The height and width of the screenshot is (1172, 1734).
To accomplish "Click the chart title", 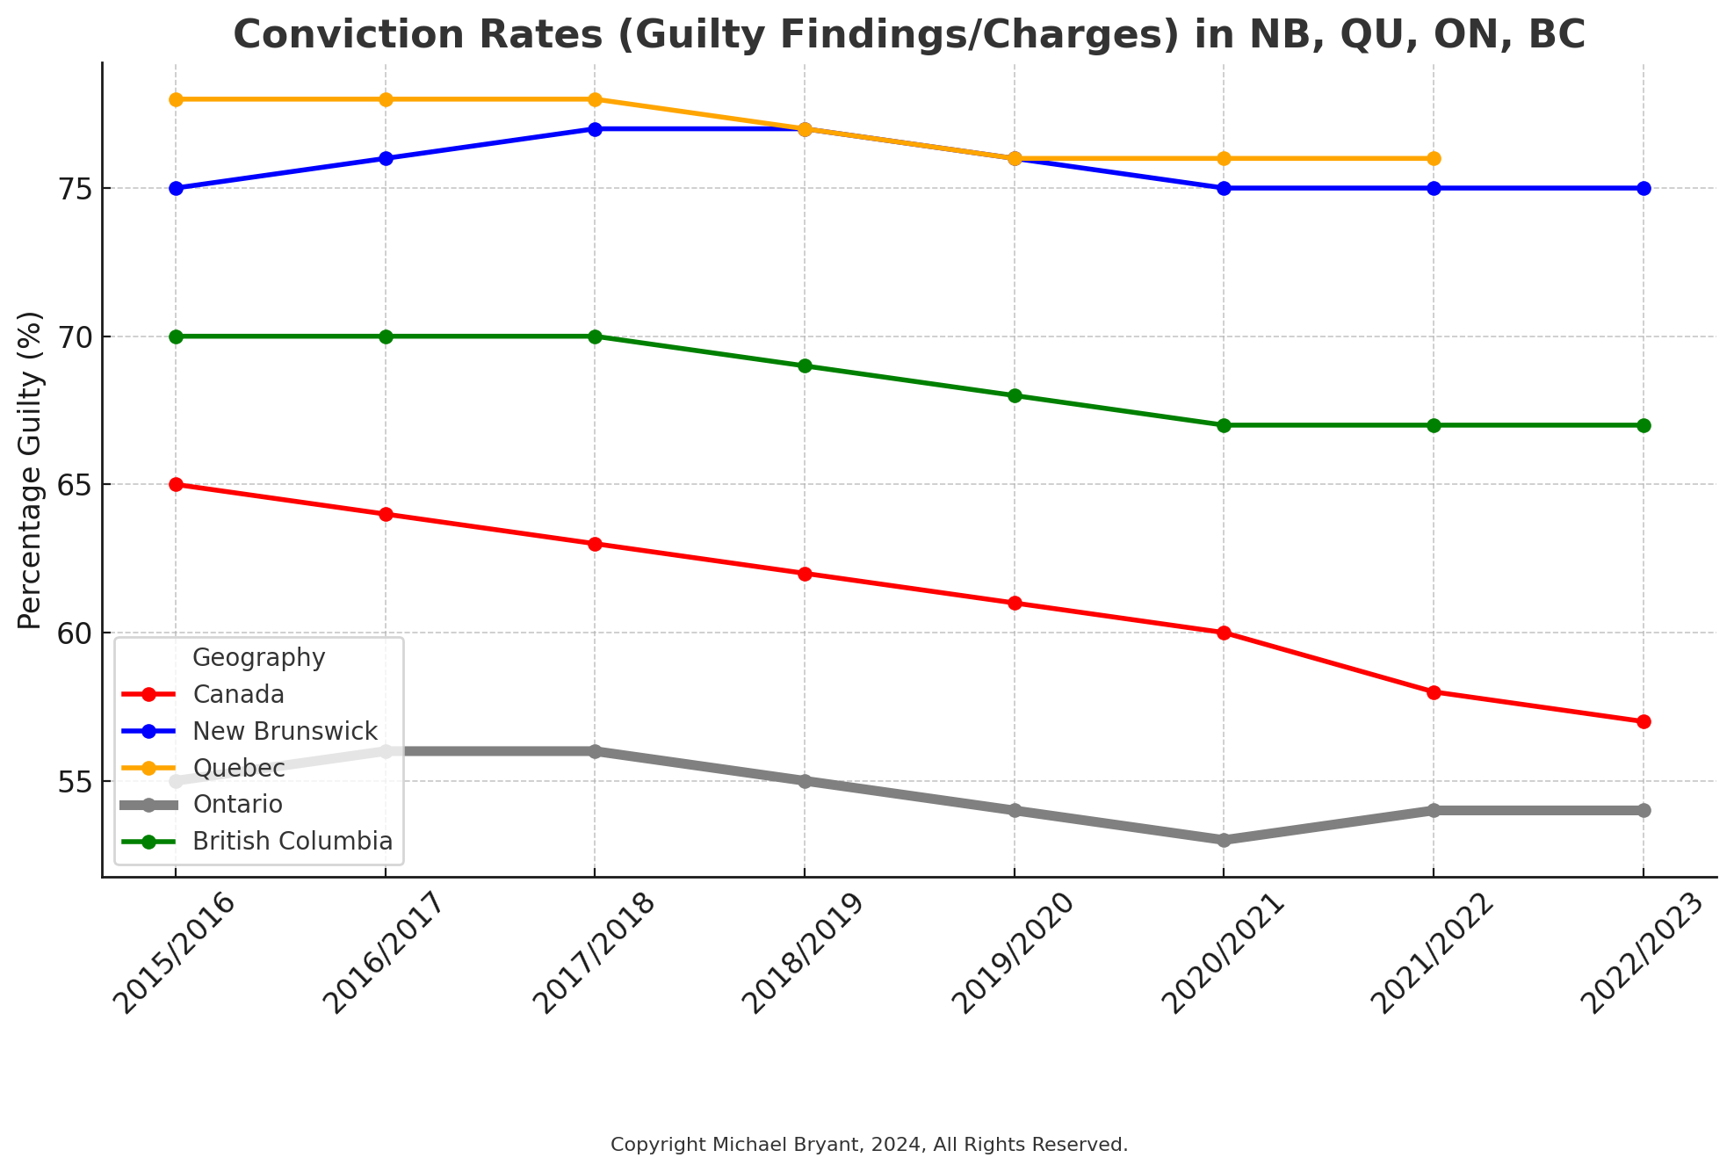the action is click(909, 35).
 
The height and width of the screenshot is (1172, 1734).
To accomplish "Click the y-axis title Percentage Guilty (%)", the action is click(30, 470).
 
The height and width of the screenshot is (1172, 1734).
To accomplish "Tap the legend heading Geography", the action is click(259, 658).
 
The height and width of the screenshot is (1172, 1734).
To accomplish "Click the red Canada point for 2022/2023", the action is click(1644, 721).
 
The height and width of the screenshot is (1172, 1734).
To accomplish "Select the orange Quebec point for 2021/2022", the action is click(1434, 158).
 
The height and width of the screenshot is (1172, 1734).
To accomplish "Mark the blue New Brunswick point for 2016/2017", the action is click(386, 158).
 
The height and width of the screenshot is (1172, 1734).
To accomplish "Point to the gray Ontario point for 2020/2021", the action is click(1224, 840).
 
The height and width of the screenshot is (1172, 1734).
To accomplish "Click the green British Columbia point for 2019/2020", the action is click(1015, 395).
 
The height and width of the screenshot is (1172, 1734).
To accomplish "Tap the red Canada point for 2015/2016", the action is click(176, 484).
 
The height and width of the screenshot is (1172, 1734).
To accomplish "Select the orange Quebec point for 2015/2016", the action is click(176, 99).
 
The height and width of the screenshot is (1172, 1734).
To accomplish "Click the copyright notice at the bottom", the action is click(869, 1145).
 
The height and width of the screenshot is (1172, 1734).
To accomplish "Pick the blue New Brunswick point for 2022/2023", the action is click(1644, 188).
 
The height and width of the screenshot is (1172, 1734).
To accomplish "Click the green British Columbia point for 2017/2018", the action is click(595, 336).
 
